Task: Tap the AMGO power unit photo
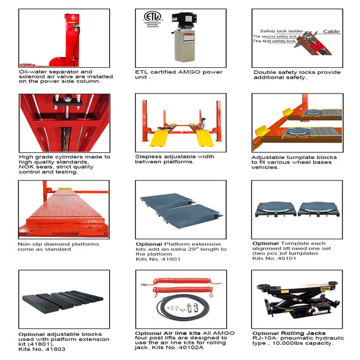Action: click(x=185, y=37)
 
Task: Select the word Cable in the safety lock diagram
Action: click(x=331, y=31)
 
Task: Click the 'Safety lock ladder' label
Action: click(x=280, y=31)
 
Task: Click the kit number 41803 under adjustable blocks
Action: click(x=48, y=349)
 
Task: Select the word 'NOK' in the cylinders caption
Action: click(x=28, y=167)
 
